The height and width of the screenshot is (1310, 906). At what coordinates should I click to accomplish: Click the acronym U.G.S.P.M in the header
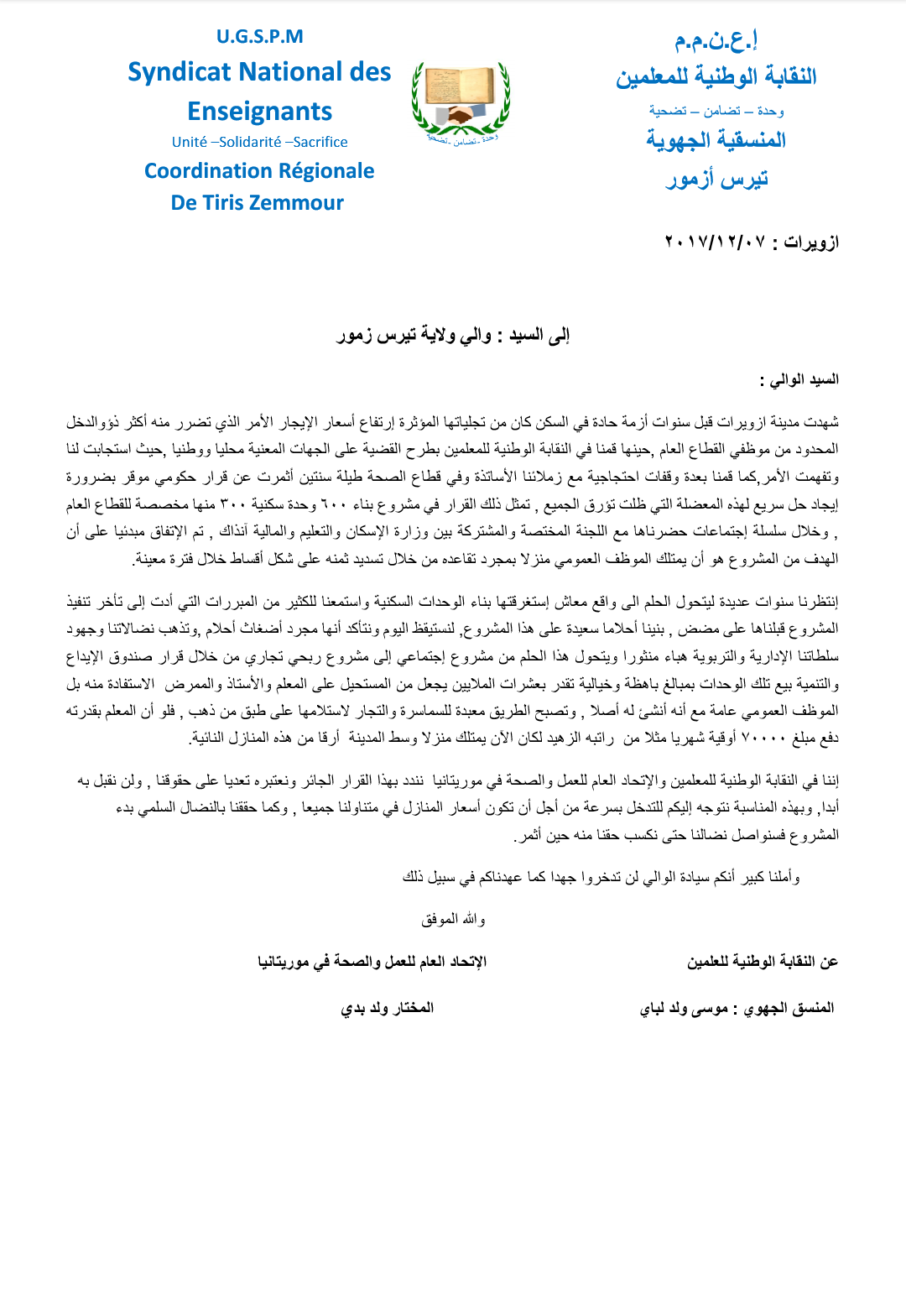tap(259, 37)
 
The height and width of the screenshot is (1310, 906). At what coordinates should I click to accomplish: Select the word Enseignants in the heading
tap(259, 112)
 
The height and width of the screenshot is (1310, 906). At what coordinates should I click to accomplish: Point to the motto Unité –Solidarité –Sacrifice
tap(259, 143)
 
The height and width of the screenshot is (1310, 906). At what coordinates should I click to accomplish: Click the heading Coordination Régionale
tap(259, 171)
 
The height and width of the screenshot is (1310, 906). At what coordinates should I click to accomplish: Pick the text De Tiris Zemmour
tap(258, 203)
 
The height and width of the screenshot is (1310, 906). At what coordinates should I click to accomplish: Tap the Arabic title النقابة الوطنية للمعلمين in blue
tap(716, 77)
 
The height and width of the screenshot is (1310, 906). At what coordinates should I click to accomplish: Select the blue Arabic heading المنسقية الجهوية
tap(716, 140)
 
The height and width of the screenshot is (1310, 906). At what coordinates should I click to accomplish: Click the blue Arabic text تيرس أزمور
tap(716, 179)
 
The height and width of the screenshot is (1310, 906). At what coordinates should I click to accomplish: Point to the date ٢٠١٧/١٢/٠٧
tap(715, 243)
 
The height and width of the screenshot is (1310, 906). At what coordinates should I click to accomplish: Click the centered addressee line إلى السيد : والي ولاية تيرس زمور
tap(453, 336)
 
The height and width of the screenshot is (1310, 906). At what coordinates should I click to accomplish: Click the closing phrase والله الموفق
tap(453, 920)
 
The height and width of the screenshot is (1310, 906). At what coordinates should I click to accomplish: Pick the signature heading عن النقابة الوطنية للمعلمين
tap(762, 962)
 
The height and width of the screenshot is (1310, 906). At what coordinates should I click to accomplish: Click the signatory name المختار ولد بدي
tap(387, 1008)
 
